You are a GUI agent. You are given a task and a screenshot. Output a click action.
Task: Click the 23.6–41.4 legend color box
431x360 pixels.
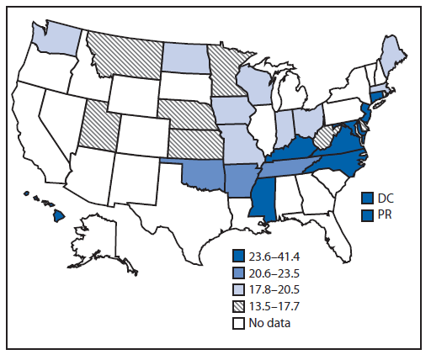[x=240, y=256]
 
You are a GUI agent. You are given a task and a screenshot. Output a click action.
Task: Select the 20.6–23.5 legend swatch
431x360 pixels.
[x=240, y=271]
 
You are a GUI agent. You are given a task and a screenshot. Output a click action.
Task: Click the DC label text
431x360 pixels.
[x=384, y=198]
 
